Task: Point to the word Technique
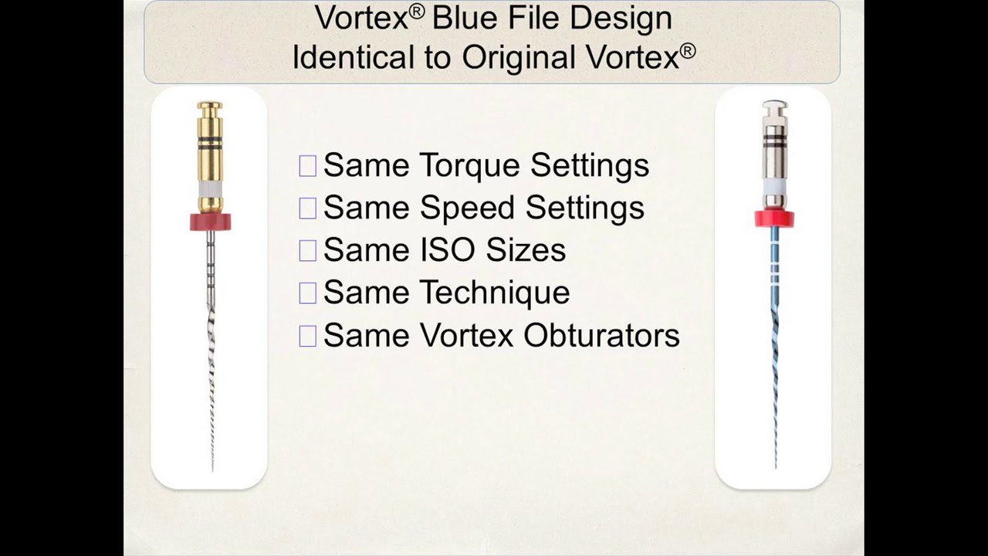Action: point(495,293)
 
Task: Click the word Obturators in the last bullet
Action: point(601,335)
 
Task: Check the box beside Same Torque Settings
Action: point(307,166)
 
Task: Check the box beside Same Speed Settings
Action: point(307,208)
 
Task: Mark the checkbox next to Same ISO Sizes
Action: point(307,250)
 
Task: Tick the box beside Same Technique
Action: point(307,293)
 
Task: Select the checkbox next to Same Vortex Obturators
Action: point(307,335)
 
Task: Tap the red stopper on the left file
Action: point(210,222)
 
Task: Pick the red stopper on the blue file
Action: point(774,219)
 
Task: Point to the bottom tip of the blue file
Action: point(776,465)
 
